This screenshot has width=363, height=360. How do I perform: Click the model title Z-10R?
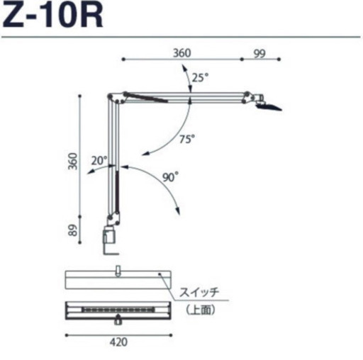(x=53, y=15)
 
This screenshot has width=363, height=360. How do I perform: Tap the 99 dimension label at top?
(x=259, y=54)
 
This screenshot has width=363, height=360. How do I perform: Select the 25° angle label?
(x=200, y=77)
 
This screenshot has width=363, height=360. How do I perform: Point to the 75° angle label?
(x=187, y=139)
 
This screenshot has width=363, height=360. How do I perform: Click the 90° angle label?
(x=170, y=177)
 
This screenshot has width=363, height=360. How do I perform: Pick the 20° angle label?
(x=99, y=161)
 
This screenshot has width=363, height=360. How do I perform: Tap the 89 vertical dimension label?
(x=73, y=230)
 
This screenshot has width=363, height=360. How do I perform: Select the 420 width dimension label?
(x=118, y=342)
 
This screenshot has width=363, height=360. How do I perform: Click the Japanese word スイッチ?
(x=199, y=293)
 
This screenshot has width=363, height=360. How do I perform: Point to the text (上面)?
(x=201, y=310)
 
